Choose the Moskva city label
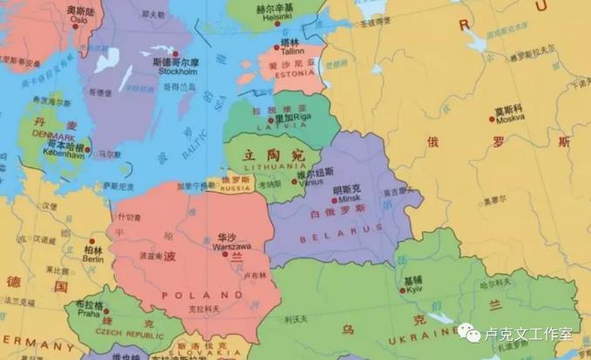click(509, 118)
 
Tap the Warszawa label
click(228, 245)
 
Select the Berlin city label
click(92, 259)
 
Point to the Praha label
click(88, 314)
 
